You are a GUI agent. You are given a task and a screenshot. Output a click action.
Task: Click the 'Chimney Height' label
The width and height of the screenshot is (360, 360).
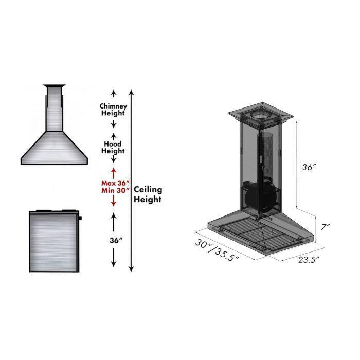click(113, 109)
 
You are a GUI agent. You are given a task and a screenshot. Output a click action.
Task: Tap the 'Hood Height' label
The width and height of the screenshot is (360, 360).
click(113, 148)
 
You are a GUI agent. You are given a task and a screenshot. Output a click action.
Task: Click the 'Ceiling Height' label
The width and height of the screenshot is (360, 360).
click(148, 195)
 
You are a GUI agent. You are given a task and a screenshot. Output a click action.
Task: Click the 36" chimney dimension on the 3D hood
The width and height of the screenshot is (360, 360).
click(309, 167)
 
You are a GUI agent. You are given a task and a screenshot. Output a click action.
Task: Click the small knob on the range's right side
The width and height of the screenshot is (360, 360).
click(81, 219)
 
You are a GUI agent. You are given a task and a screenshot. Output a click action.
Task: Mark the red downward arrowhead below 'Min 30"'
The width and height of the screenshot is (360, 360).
click(113, 204)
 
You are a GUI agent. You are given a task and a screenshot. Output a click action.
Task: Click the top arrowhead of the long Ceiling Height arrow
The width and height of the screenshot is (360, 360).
click(132, 93)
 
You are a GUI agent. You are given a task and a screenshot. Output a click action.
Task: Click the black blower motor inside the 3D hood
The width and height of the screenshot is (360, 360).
click(257, 197)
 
